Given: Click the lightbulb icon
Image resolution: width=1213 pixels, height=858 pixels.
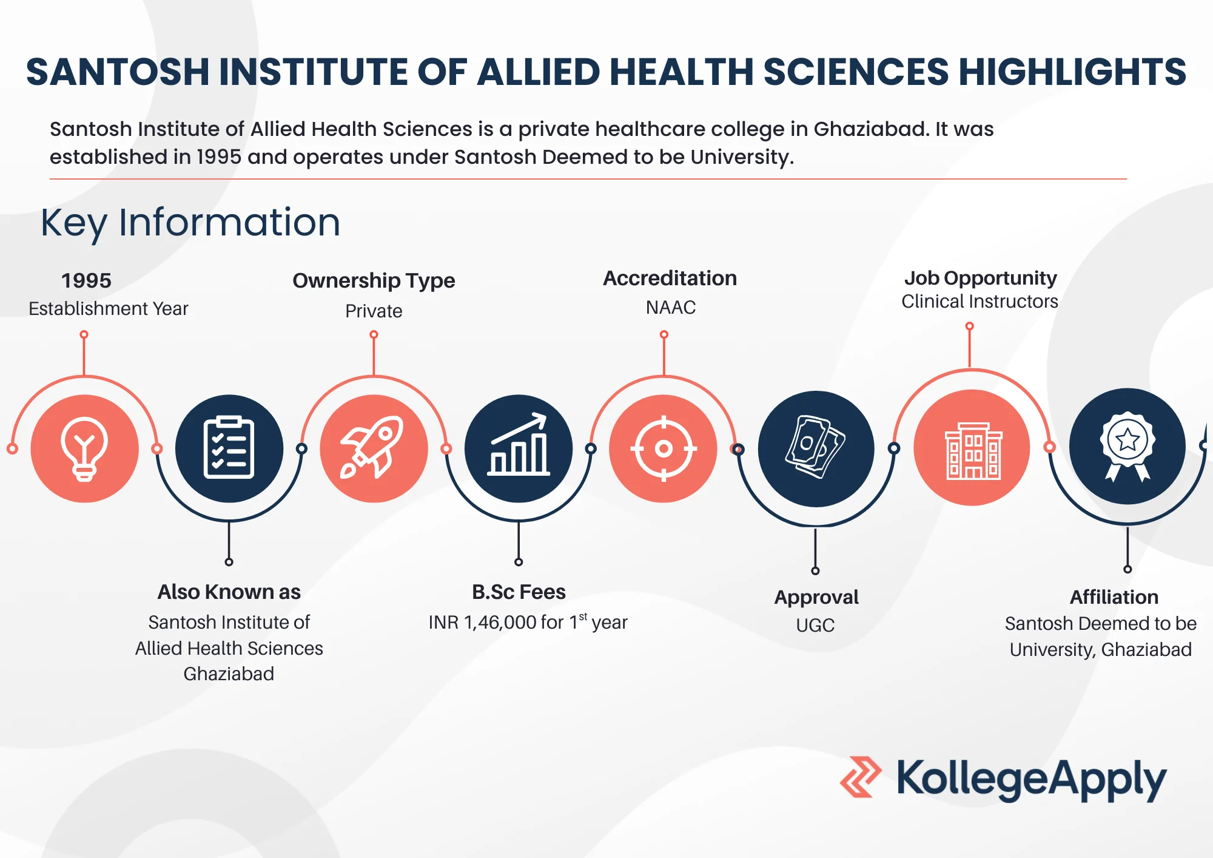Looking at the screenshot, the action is [x=84, y=449].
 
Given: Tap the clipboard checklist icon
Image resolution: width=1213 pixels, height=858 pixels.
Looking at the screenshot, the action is [x=229, y=448].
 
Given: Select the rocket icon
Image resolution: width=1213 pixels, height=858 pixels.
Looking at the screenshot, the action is [x=372, y=447].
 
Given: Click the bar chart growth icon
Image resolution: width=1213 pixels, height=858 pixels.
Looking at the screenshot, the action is [x=519, y=444].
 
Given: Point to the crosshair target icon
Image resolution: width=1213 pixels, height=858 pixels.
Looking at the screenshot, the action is [x=664, y=449].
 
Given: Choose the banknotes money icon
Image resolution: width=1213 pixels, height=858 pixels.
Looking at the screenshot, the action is [x=815, y=447].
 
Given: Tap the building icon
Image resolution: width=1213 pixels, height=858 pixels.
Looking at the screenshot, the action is [x=973, y=451].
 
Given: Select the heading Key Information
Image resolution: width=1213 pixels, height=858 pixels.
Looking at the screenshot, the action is [x=190, y=223].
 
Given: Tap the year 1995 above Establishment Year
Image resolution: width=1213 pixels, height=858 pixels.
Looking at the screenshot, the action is [x=86, y=280].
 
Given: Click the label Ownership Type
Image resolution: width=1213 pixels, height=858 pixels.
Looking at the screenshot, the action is [x=374, y=281].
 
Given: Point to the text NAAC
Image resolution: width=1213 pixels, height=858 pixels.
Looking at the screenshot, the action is [x=671, y=308].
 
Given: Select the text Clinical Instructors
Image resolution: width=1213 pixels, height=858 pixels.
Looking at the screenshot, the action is [x=979, y=302].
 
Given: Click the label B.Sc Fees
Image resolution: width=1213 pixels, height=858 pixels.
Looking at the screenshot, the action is [x=519, y=592].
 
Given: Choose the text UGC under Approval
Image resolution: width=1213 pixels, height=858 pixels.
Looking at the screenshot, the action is [x=815, y=625].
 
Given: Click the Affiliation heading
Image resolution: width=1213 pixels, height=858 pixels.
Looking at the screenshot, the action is [x=1114, y=597].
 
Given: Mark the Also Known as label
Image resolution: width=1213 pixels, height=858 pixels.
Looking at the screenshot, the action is [x=229, y=592].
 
